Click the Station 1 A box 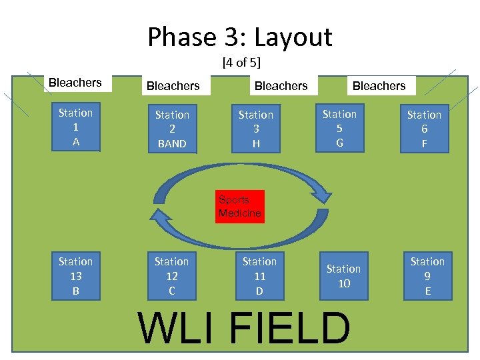[x=75, y=127]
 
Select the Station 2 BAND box [x=172, y=129]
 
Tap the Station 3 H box [x=256, y=129]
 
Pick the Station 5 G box [x=339, y=129]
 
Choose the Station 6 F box [x=424, y=129]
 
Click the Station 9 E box [x=427, y=276]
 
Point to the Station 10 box [x=343, y=276]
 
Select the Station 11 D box [x=259, y=276]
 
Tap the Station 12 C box [x=171, y=276]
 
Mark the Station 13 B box [x=75, y=276]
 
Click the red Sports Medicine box [x=240, y=207]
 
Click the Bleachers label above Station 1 [x=75, y=83]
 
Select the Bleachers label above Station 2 [x=173, y=86]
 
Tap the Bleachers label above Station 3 [x=281, y=86]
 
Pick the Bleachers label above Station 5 [x=379, y=86]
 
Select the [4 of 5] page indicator [x=241, y=63]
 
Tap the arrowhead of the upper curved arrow [x=323, y=194]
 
